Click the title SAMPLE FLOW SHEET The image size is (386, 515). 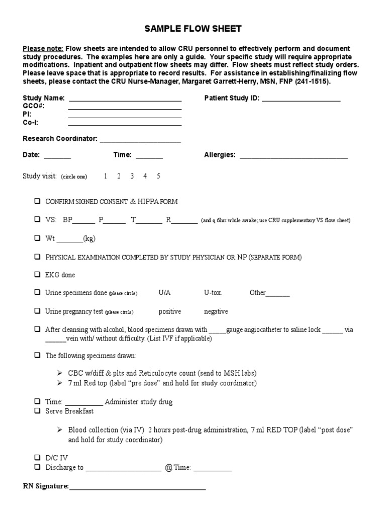(x=193, y=29)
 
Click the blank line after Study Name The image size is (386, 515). (x=125, y=99)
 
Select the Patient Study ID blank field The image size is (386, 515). (x=301, y=99)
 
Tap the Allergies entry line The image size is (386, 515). (x=294, y=155)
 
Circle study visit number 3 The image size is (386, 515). (x=132, y=176)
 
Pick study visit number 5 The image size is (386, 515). (x=158, y=176)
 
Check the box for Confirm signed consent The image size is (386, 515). (x=37, y=201)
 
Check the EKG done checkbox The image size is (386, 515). (x=37, y=275)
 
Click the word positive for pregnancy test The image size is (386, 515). (x=170, y=311)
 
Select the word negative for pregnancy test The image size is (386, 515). (x=216, y=311)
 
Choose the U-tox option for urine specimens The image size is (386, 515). (x=213, y=293)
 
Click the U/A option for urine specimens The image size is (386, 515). (x=165, y=293)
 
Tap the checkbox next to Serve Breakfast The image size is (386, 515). (x=37, y=411)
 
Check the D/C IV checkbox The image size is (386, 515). (x=37, y=458)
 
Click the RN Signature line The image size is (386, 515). (x=137, y=487)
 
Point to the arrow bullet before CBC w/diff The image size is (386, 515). (x=60, y=373)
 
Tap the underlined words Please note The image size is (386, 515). (x=43, y=49)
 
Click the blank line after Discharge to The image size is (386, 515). (x=123, y=468)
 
